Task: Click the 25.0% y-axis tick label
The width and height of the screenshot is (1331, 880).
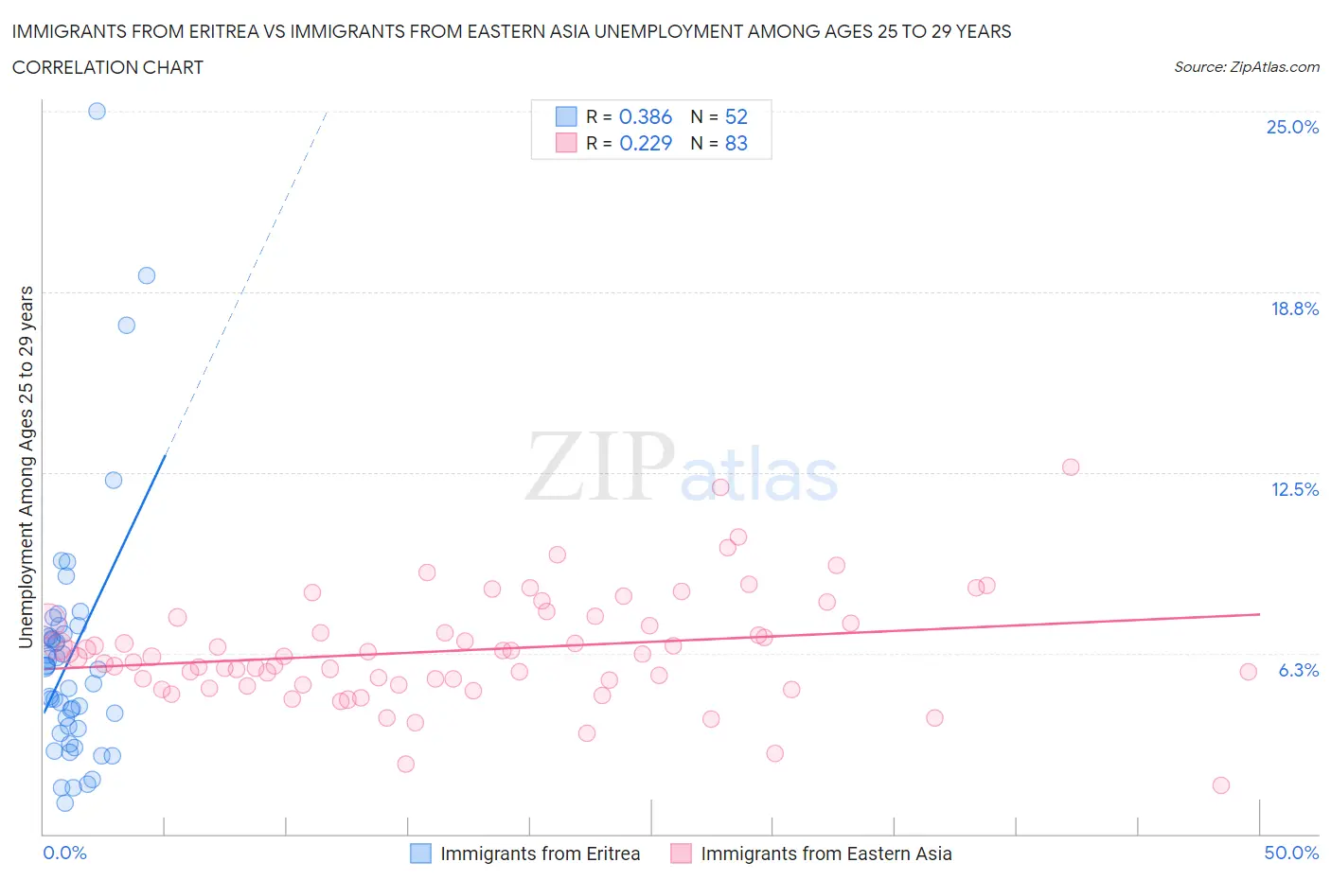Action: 1292,128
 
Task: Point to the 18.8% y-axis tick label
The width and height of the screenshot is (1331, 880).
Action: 1294,308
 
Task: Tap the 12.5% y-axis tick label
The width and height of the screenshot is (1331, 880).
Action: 1294,489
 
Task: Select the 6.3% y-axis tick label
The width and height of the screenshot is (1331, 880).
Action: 1298,670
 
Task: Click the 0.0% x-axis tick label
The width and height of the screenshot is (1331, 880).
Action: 64,853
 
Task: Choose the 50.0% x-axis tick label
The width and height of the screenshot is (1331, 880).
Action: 1291,853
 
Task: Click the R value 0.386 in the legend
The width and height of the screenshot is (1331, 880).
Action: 645,116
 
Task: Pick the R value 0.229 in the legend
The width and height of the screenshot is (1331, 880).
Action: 645,143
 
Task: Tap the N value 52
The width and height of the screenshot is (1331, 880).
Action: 736,116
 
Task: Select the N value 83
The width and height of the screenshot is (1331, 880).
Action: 736,143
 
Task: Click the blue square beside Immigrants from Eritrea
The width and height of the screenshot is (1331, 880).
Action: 420,854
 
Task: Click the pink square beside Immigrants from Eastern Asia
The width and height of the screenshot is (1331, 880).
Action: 681,854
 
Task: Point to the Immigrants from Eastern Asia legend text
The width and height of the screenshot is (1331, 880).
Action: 825,854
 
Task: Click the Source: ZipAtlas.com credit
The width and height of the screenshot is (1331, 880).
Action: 1246,67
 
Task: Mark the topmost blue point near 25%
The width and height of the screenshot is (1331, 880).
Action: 97,111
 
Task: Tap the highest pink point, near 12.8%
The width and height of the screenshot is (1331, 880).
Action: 1071,466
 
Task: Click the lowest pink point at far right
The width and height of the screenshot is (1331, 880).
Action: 1220,785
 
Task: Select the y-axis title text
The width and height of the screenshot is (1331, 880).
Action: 26,466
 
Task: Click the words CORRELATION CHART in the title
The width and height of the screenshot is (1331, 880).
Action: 108,67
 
